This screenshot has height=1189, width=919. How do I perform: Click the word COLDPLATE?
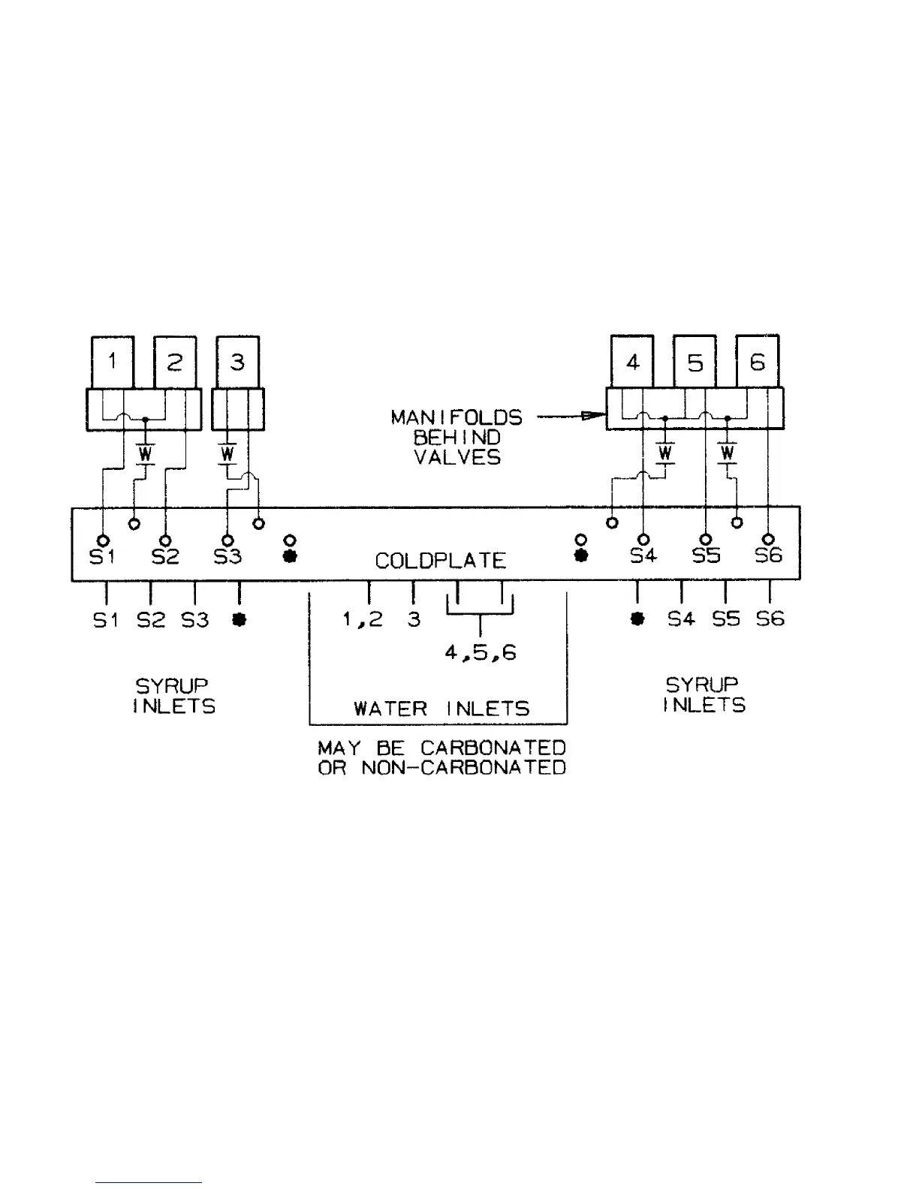point(441,561)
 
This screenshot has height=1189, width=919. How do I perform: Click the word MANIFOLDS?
point(456,417)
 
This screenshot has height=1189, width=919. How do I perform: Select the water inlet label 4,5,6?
point(480,653)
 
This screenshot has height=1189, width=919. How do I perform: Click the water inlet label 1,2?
point(363,619)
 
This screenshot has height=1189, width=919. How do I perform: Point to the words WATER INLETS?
point(441,709)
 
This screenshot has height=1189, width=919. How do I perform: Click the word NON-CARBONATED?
point(463,768)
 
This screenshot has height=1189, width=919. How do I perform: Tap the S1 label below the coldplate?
point(106,620)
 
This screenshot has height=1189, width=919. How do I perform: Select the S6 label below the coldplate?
point(770,619)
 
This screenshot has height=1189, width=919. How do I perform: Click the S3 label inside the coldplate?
point(228,557)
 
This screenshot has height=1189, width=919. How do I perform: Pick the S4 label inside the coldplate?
point(643,556)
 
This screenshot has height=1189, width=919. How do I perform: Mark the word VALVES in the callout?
point(457,457)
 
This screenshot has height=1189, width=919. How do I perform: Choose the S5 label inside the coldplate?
point(706,556)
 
